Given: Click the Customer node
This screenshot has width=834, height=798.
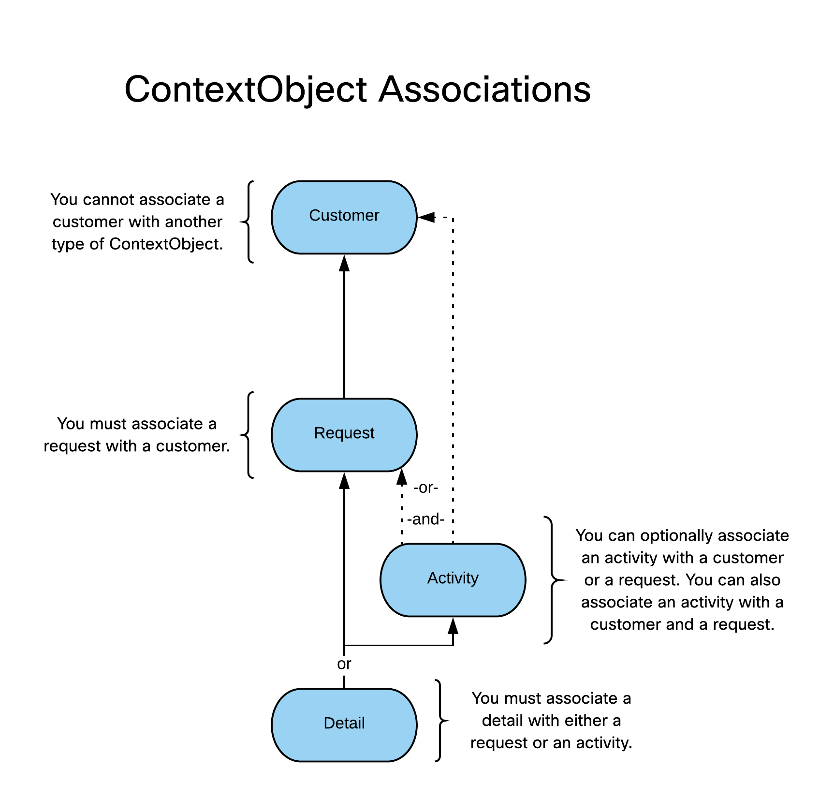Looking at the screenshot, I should coord(344,217).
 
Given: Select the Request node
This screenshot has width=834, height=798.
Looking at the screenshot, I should coord(344,434).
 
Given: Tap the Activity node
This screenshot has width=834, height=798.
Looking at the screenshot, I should coord(453,579).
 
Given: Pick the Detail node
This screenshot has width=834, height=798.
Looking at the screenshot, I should coord(344,724).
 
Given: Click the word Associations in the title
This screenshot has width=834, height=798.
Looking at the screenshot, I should coord(484,90).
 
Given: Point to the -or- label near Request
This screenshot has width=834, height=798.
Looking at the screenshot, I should coord(425,488).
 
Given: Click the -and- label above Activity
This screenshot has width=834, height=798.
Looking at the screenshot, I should coord(425,519).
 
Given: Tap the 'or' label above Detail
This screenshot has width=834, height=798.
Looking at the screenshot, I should coord(344,664).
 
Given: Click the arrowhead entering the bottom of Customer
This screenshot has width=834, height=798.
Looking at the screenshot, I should coord(344,263).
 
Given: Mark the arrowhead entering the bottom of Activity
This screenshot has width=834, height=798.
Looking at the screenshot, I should coord(453,626).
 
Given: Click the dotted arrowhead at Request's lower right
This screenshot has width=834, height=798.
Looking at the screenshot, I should coord(401,477).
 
